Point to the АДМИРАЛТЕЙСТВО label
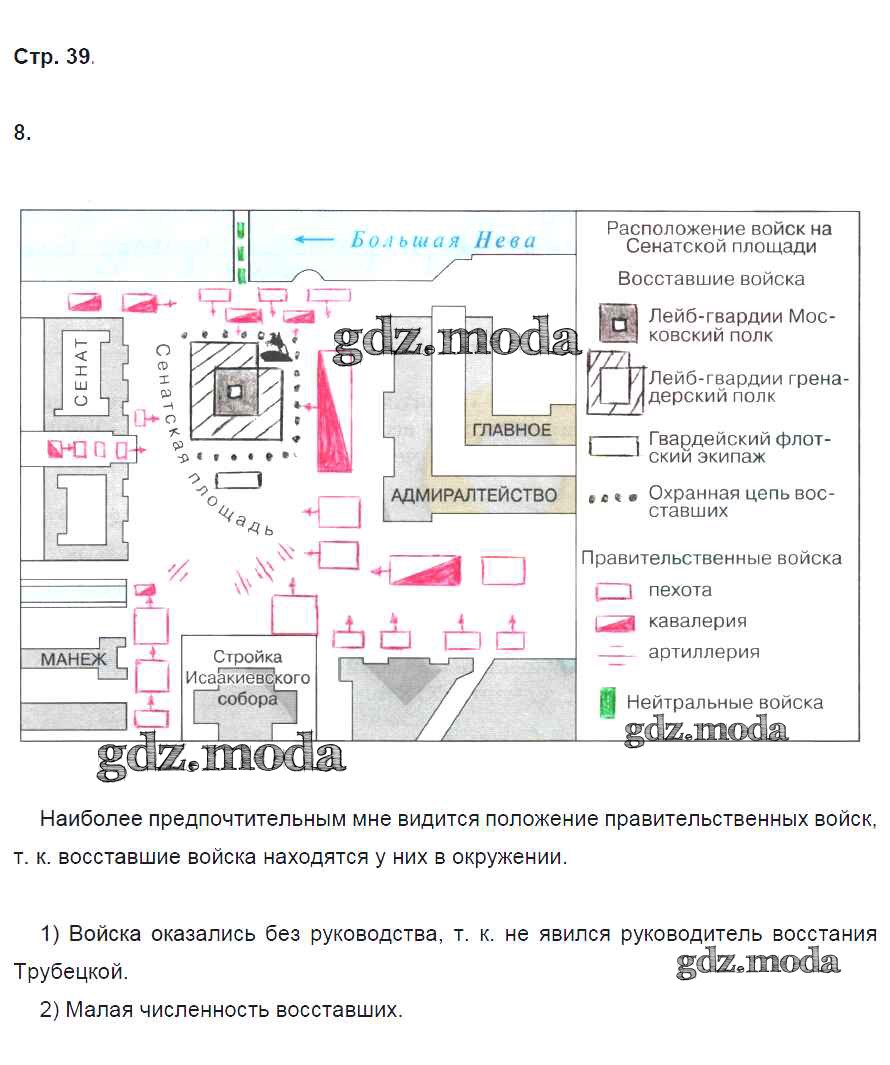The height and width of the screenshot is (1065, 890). click(473, 496)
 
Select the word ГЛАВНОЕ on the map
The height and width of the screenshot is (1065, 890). click(512, 430)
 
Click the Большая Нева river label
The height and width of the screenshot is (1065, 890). click(442, 240)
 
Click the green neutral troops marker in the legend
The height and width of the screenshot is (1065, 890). click(606, 702)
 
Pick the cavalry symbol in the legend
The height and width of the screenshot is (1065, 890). click(615, 622)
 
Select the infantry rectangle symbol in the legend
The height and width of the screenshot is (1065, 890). click(614, 590)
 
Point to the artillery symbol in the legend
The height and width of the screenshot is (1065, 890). click(614, 653)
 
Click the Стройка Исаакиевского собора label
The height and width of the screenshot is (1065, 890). click(247, 678)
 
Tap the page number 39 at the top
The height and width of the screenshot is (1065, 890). click(79, 58)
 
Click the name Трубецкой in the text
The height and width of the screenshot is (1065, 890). click(71, 971)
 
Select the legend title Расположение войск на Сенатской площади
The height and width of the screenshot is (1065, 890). click(718, 237)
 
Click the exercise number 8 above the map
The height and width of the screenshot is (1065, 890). click(22, 133)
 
